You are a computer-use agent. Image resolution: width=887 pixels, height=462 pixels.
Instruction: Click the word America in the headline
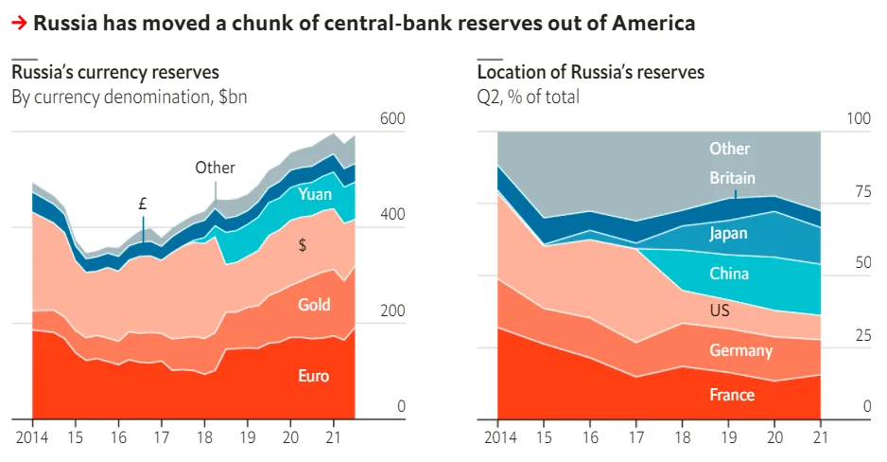coord(652,24)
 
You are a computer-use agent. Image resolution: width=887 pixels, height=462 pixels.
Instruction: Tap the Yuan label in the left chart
coord(315,194)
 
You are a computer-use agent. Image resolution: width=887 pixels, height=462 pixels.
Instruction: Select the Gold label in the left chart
coord(314,305)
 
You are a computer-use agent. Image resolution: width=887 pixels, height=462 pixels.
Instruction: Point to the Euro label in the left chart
coord(313,376)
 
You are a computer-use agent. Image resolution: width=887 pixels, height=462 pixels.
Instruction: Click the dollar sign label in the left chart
coord(303,244)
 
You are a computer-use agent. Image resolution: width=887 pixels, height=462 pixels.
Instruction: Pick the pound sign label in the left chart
coord(143,203)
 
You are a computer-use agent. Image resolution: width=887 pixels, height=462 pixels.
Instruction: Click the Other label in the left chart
coord(215,168)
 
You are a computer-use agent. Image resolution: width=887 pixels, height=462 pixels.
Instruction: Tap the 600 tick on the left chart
coord(392,118)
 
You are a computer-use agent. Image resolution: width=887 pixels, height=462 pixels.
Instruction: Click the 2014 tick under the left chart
coord(32,437)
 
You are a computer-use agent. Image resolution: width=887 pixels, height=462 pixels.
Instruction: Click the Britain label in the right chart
coord(733,178)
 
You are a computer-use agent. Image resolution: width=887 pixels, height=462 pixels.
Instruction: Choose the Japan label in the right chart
coord(728,233)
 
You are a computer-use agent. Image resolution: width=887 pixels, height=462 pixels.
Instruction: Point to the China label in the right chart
coord(729,274)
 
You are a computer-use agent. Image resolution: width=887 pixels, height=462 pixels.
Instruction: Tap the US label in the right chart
coord(720,311)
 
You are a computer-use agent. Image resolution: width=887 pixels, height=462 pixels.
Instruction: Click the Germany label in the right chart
coord(740,351)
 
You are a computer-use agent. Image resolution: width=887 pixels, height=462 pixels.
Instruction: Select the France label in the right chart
coord(732,395)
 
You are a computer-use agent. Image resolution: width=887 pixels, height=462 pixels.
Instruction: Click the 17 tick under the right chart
coord(636,437)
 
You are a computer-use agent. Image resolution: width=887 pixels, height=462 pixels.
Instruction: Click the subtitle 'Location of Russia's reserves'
coord(590,73)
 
